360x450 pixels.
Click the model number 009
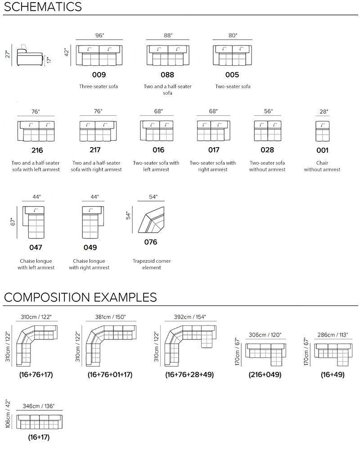click(99, 75)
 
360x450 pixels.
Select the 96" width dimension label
click(99, 35)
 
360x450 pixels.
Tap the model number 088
click(167, 75)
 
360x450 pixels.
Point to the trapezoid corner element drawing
click(151, 220)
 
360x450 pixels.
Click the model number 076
click(151, 242)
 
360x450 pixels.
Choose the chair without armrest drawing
click(322, 131)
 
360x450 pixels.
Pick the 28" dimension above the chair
click(324, 112)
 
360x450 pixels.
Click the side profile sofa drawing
click(30, 55)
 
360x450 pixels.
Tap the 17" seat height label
click(49, 60)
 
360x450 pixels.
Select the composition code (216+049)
click(265, 374)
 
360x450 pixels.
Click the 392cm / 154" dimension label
click(190, 317)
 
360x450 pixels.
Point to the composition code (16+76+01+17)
click(110, 374)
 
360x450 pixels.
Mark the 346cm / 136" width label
click(39, 406)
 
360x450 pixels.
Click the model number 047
click(36, 247)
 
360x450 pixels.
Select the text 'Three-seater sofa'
click(99, 86)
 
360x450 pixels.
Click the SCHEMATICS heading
click(43, 7)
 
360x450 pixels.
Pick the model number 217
click(95, 150)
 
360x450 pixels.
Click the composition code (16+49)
click(333, 374)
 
